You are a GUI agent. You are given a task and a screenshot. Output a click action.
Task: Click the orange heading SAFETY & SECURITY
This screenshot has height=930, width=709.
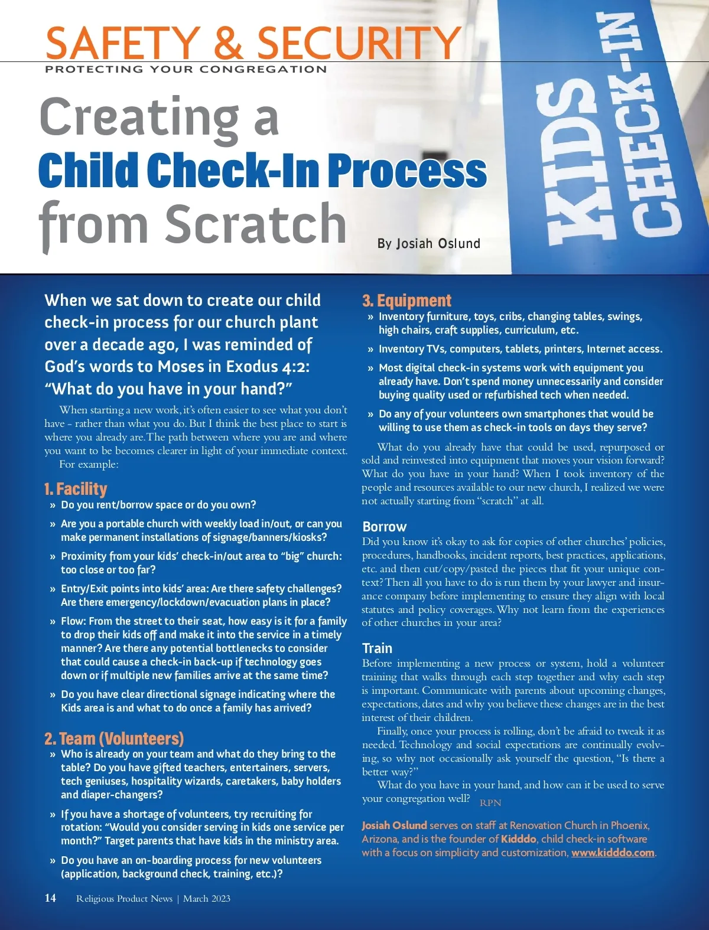point(253,43)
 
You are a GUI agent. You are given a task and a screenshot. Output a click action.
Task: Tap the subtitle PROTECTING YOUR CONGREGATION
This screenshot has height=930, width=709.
point(186,69)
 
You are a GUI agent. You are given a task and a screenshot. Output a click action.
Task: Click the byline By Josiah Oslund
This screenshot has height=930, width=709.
point(428,243)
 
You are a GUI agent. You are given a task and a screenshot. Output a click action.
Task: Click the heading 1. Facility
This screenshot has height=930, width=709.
point(76,489)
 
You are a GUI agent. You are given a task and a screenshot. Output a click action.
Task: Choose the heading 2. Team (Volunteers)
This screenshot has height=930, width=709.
point(114,739)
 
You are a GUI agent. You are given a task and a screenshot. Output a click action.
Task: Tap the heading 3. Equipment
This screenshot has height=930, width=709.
point(406,301)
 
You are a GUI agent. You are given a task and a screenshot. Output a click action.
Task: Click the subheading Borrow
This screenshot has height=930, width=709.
point(385,527)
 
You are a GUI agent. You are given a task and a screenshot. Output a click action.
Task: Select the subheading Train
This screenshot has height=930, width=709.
point(377,648)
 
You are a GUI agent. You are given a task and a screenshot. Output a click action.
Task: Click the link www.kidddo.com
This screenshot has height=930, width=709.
point(613,853)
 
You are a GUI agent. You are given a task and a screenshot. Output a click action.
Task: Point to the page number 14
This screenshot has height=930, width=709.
point(50,898)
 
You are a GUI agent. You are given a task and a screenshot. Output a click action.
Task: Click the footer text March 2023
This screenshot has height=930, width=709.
point(207,899)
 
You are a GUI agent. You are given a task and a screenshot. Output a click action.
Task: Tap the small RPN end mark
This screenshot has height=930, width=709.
point(490,803)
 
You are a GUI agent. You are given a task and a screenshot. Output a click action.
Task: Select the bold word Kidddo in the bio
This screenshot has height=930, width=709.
point(518,839)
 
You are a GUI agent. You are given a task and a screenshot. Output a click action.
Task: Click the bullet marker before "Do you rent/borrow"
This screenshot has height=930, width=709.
point(53,505)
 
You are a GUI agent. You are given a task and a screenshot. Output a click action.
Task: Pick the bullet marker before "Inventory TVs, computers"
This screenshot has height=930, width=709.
point(370,350)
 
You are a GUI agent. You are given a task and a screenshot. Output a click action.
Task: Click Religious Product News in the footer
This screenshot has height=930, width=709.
point(124,899)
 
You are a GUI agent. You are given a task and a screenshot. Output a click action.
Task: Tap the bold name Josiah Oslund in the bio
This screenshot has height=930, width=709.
point(394,825)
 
